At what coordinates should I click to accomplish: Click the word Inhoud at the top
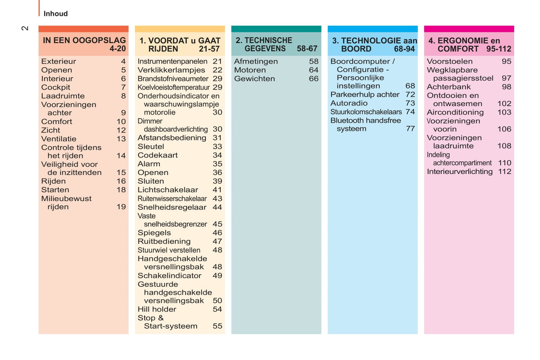pos(56,14)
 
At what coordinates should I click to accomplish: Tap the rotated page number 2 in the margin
pos(25,28)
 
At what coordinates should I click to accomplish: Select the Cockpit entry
pos(56,87)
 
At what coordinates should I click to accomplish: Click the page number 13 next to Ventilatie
pos(121,139)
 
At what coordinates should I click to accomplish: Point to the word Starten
pos(55,190)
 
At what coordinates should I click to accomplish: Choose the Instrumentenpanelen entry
pos(172,62)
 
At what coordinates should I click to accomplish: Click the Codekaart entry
pos(157,155)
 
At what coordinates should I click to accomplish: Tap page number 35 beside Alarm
pos(217,164)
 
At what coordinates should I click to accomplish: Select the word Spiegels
pos(154,233)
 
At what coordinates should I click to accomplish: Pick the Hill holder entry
pos(157,309)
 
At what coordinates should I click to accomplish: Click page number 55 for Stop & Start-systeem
pos(217,326)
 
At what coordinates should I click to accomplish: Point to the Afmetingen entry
pos(256,62)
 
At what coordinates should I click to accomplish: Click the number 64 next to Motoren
pos(314,70)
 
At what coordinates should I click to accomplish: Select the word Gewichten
pos(254,79)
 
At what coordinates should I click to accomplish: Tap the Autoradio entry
pos(349,103)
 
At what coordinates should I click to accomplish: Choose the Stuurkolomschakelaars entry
pos(366,112)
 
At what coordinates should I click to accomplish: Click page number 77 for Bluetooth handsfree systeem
pos(410,129)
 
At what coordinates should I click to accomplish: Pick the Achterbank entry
pos(448,87)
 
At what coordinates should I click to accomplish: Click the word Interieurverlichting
pos(459,172)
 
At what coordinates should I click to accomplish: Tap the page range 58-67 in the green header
pos(307,49)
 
